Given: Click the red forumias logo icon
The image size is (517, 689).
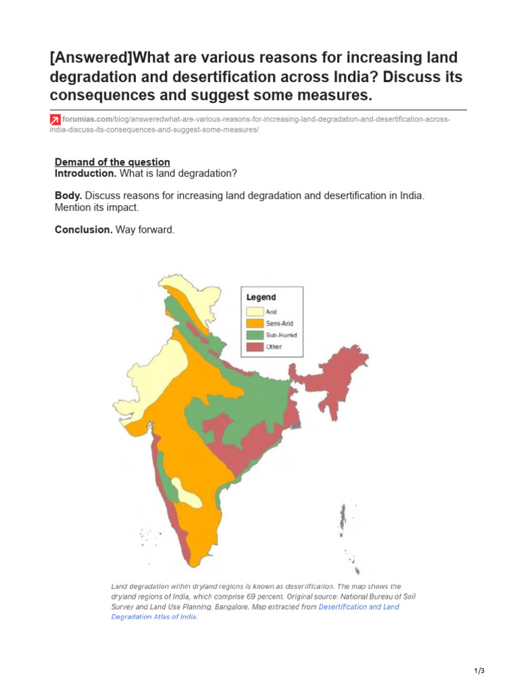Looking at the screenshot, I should point(55,120).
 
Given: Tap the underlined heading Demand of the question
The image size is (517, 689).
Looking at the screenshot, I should point(112,162).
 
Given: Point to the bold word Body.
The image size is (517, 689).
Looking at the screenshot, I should point(69,195).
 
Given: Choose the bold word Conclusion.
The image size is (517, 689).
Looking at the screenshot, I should point(83,229).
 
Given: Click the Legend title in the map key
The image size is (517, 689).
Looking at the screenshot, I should point(261,297).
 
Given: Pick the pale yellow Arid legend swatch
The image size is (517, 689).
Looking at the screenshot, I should point(254,312).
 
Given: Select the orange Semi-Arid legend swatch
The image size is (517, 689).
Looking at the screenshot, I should point(254,323).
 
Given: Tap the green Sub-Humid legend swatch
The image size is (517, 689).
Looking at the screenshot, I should point(254,335).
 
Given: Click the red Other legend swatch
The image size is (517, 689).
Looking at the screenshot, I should point(254,347).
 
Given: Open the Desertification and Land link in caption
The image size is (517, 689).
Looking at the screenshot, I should point(358,607).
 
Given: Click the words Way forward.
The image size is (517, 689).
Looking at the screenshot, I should point(145,229).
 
